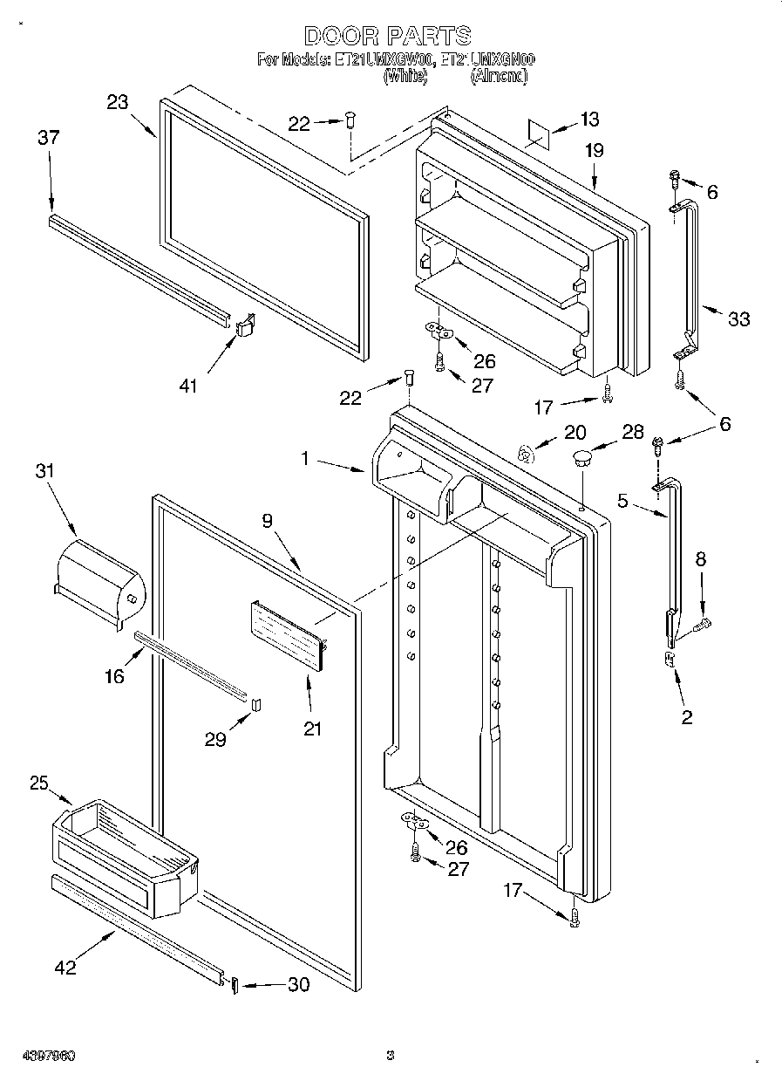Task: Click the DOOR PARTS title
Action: tap(388, 35)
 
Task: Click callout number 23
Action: tap(118, 102)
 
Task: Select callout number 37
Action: tap(49, 137)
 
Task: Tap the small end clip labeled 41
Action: tap(245, 325)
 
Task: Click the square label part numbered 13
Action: tap(539, 132)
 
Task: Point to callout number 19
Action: tap(594, 151)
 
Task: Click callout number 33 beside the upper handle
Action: tap(738, 319)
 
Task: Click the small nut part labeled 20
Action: tap(524, 452)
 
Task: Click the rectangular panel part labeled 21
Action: tap(289, 634)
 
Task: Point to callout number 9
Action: tap(268, 521)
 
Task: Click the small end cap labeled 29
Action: tap(255, 704)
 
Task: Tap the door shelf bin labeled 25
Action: tap(122, 851)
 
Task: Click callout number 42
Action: tap(65, 966)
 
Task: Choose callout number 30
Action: tap(297, 984)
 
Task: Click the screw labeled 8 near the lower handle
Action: tap(703, 623)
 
